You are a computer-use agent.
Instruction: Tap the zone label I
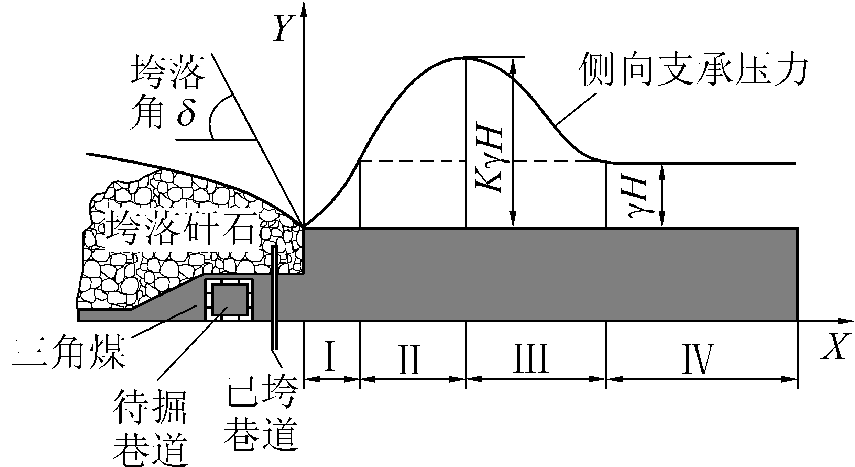[x=330, y=356]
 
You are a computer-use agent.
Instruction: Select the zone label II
[x=409, y=356]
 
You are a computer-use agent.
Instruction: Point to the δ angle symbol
[x=186, y=113]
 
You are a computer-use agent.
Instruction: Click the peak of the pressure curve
[x=466, y=57]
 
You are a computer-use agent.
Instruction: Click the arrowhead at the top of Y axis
[x=303, y=9]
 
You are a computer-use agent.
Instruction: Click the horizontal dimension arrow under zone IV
[x=701, y=379]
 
